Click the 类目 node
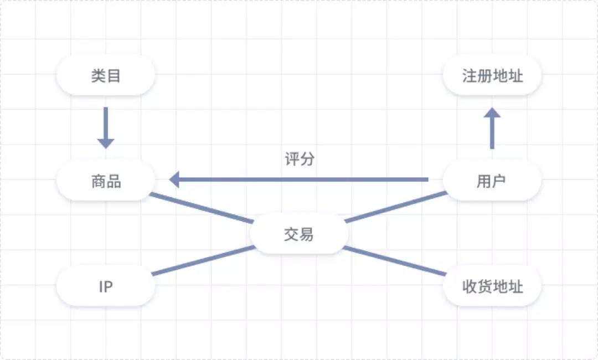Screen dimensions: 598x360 106,75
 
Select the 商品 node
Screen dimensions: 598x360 106,181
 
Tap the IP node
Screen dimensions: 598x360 106,286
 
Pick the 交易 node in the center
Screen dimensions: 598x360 299,234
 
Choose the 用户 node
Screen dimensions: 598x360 492,181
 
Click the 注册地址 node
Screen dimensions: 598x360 492,75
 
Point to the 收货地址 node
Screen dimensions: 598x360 492,286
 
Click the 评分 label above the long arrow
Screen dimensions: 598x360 300,159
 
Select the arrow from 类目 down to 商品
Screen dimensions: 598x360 106,128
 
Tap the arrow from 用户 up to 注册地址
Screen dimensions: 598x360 492,128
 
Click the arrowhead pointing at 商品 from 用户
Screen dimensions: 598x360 174,179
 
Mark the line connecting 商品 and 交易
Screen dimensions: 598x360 202,208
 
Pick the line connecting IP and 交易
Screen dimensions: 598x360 203,260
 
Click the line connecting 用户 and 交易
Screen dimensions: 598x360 396,207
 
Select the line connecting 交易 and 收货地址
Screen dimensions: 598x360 395,261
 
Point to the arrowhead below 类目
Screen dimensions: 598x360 106,144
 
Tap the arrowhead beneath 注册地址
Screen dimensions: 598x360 492,112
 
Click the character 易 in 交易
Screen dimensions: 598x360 307,234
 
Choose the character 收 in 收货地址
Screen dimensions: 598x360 470,286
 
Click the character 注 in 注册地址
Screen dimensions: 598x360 470,76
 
